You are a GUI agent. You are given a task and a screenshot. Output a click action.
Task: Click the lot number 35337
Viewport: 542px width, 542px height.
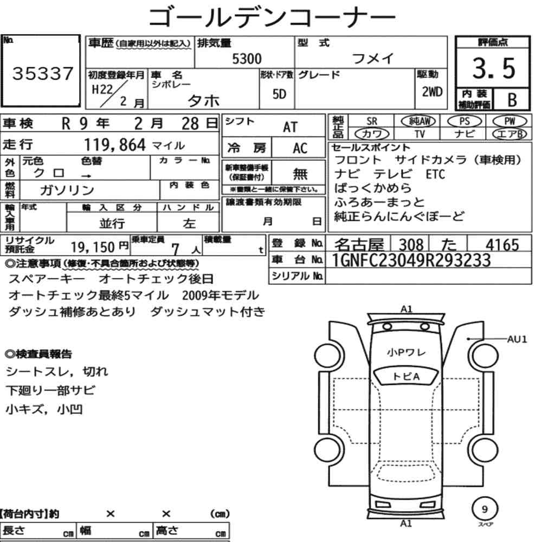(43, 73)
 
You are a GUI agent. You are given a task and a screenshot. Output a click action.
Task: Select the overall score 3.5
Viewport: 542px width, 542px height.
(494, 68)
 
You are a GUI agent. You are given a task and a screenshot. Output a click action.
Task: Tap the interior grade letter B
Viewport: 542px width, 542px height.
(512, 100)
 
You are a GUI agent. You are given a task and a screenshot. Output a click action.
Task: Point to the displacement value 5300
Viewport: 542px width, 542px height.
(247, 59)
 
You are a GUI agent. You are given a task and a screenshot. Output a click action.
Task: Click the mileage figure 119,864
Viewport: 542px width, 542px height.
(115, 145)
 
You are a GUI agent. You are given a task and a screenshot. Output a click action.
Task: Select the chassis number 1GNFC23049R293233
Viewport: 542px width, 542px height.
(411, 260)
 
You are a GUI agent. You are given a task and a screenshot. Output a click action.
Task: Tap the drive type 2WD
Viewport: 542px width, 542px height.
(432, 92)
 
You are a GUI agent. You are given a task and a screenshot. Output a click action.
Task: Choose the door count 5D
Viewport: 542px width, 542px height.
(279, 94)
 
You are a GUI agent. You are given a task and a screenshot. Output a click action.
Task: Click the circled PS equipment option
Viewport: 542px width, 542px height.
(464, 121)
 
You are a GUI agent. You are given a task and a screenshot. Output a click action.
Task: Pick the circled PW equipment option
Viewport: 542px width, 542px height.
(509, 121)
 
